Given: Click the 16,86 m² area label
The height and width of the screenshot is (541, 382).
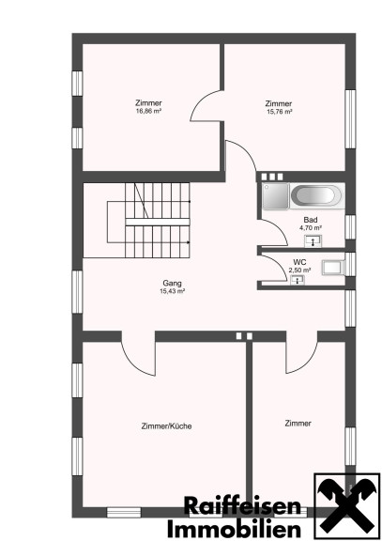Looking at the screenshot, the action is point(149,111).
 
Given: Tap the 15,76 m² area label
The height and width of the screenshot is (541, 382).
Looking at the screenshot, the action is point(280,112).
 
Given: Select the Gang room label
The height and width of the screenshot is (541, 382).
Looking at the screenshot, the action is point(172,284).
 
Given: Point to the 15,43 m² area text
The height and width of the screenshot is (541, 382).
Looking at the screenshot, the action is point(172,291).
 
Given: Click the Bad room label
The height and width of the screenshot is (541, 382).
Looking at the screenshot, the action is point(311,220).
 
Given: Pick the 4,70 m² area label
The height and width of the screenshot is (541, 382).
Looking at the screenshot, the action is point(311,227).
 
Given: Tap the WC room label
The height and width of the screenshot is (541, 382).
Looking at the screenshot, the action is point(299,263).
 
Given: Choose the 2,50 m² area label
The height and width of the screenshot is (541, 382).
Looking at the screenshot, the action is point(300,270).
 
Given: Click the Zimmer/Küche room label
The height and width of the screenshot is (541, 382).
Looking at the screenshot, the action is point(166,426).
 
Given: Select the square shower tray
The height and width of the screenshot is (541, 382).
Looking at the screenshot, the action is point(275,195).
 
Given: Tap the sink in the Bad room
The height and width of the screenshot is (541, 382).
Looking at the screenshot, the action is point(313,241).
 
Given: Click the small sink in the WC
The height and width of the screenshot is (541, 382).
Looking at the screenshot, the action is point(298,280).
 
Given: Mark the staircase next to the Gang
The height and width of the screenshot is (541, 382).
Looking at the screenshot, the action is point(148,220).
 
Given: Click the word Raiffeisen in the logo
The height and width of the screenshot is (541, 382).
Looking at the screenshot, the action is point(242,506).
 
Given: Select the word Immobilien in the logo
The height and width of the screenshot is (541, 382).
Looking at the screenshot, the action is point(234,529).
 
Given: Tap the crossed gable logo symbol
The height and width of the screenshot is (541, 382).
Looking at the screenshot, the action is point(346,507).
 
